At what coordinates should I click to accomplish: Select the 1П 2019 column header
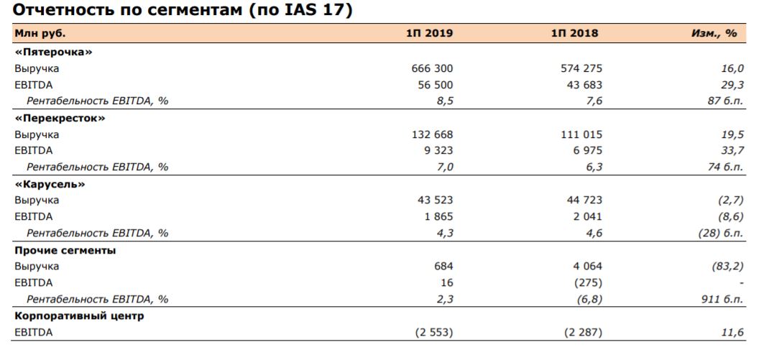click(x=429, y=33)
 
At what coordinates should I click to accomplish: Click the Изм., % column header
click(x=713, y=33)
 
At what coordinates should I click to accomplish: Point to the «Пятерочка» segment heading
click(x=54, y=52)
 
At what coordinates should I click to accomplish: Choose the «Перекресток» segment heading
click(x=60, y=118)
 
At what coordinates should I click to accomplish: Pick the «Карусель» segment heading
click(x=50, y=184)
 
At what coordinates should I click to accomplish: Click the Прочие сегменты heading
click(x=65, y=250)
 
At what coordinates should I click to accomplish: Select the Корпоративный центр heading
click(x=79, y=316)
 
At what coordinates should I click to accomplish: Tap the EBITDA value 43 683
click(x=581, y=85)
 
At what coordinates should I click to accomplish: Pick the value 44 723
click(x=581, y=200)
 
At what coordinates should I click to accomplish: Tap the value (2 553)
click(x=433, y=333)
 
